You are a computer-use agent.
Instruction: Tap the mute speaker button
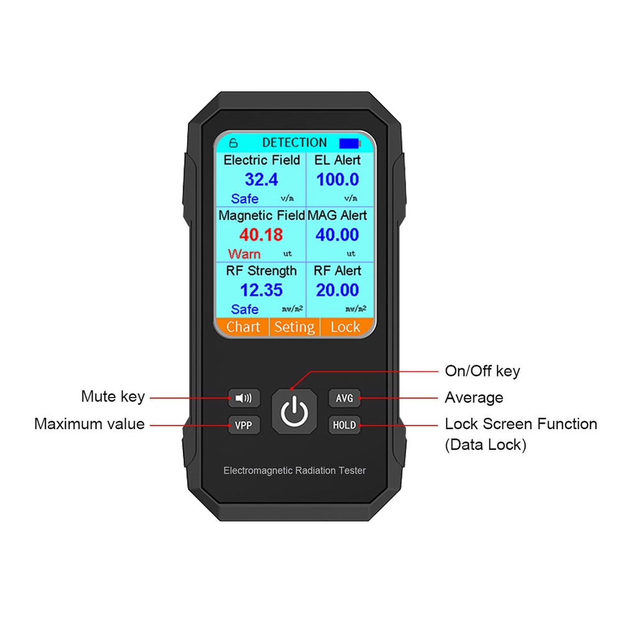pyautogui.click(x=244, y=397)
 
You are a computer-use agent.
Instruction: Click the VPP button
pyautogui.click(x=244, y=425)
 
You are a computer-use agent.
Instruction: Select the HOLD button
pyautogui.click(x=344, y=425)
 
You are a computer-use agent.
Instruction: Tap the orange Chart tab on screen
pyautogui.click(x=243, y=327)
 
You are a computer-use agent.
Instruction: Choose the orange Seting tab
pyautogui.click(x=294, y=327)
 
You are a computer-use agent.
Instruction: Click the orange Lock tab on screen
pyautogui.click(x=345, y=327)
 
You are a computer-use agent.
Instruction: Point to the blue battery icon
pyautogui.click(x=350, y=143)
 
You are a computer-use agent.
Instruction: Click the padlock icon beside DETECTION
pyautogui.click(x=234, y=143)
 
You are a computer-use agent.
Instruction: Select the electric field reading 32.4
pyautogui.click(x=261, y=180)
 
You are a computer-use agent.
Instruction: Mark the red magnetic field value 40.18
pyautogui.click(x=261, y=235)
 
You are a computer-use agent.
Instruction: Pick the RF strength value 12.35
pyautogui.click(x=261, y=290)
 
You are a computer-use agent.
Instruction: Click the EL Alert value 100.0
pyautogui.click(x=338, y=180)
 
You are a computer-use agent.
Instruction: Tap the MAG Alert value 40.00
pyautogui.click(x=338, y=235)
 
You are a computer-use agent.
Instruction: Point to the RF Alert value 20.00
pyautogui.click(x=338, y=290)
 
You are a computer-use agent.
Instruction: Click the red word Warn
pyautogui.click(x=244, y=254)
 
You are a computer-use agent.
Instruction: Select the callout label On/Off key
pyautogui.click(x=482, y=371)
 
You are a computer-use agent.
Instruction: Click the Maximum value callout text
pyautogui.click(x=90, y=424)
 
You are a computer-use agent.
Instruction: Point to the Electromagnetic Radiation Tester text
pyautogui.click(x=294, y=471)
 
